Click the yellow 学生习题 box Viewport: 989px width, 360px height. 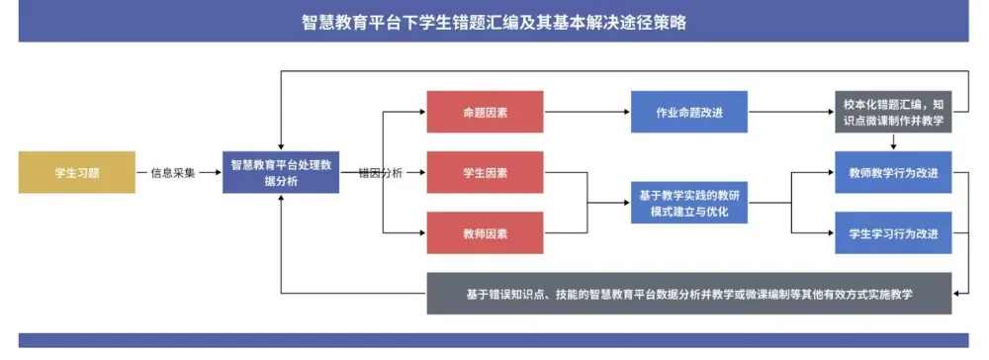(77, 172)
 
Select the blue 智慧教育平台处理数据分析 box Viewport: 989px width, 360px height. (281, 172)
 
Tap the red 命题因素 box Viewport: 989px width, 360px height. (485, 112)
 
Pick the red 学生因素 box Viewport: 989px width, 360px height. (485, 172)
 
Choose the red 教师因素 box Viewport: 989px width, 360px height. (485, 233)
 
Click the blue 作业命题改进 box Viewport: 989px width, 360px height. (688, 112)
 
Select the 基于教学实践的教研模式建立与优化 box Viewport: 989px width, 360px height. (688, 202)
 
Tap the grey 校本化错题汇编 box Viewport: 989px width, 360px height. (893, 112)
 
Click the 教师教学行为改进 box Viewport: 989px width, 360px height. (893, 172)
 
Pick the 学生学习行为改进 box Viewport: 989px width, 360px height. (893, 233)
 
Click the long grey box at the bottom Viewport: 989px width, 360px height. (689, 294)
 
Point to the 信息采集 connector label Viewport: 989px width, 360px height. (172, 172)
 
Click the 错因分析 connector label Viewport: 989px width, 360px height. (380, 172)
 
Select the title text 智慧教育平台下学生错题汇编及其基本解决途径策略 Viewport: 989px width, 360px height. (494, 22)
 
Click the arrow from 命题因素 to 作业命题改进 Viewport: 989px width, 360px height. (587, 112)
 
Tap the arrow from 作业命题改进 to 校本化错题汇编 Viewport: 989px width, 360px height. (791, 112)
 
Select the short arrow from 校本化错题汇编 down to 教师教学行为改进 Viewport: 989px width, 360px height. (893, 141)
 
